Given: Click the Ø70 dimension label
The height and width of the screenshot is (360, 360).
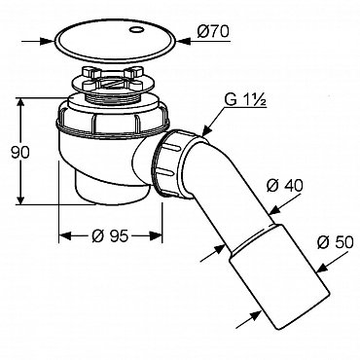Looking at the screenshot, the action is point(213,32).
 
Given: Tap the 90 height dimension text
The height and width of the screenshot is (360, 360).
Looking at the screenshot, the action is point(20,153).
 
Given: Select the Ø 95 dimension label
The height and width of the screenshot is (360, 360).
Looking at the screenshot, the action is point(110,236).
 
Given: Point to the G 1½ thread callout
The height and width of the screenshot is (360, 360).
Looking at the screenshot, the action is point(245,101).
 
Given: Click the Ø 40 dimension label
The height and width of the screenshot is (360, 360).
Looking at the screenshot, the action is point(284,186).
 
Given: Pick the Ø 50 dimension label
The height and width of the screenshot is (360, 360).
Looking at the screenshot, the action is point(335,242).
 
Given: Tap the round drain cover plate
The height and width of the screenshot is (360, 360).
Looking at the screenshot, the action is point(115,41).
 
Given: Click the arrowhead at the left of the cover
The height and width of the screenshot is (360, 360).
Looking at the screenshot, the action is point(47,41).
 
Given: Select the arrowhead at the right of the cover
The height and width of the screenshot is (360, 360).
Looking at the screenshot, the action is point(184,42).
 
